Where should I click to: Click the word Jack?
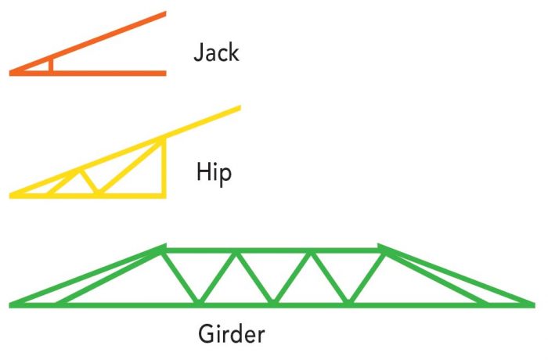pyautogui.click(x=216, y=53)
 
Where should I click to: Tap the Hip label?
pyautogui.click(x=213, y=171)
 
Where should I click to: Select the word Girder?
pyautogui.click(x=231, y=335)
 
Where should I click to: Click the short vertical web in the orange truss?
pyautogui.click(x=51, y=66)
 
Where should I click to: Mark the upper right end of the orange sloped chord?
pyautogui.click(x=164, y=14)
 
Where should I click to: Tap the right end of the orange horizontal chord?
pyautogui.click(x=164, y=73)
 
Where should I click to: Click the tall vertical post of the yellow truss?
pyautogui.click(x=164, y=167)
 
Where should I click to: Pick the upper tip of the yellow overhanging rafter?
pyautogui.click(x=238, y=108)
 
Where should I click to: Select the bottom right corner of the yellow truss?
pyautogui.click(x=164, y=194)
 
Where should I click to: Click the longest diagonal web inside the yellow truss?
pyautogui.click(x=131, y=167)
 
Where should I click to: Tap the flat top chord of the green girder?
pyautogui.click(x=274, y=250)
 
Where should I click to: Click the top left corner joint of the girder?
pyautogui.click(x=164, y=250)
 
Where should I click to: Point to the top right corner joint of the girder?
pyautogui.click(x=383, y=250)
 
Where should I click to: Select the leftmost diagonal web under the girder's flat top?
pyautogui.click(x=182, y=275)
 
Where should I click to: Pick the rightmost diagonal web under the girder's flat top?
pyautogui.click(x=366, y=275)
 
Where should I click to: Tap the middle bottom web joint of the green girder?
pyautogui.click(x=274, y=301)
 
